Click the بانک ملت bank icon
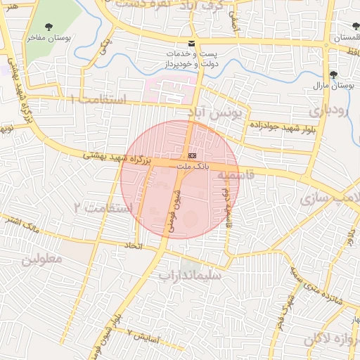(x=193, y=155)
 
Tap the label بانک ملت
(x=193, y=165)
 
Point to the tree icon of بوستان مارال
(x=333, y=75)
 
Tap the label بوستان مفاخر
(x=51, y=39)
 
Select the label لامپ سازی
(x=326, y=198)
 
